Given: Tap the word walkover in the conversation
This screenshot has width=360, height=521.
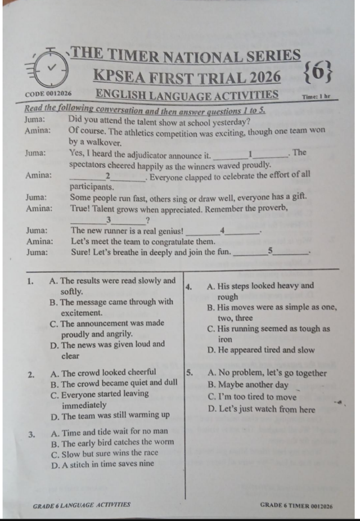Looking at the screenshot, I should click(x=103, y=142).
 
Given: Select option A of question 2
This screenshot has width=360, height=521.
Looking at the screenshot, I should click(x=103, y=372).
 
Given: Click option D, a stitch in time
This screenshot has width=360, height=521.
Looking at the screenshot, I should click(x=102, y=464).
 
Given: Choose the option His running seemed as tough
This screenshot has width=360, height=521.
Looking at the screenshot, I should click(x=268, y=334).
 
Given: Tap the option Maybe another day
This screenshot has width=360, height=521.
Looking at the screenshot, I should click(x=247, y=385).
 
